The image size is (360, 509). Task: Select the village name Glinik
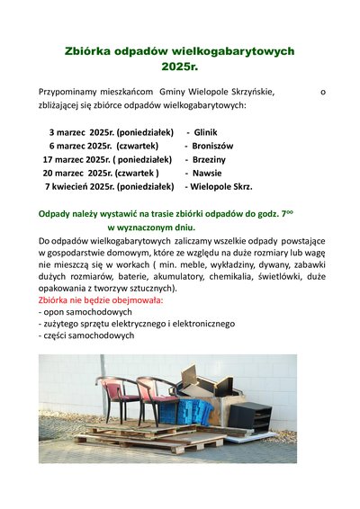[205, 131]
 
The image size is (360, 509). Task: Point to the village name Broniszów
[212, 145]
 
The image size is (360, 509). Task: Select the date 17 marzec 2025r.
[76, 159]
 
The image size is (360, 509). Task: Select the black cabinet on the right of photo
[249, 415]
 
